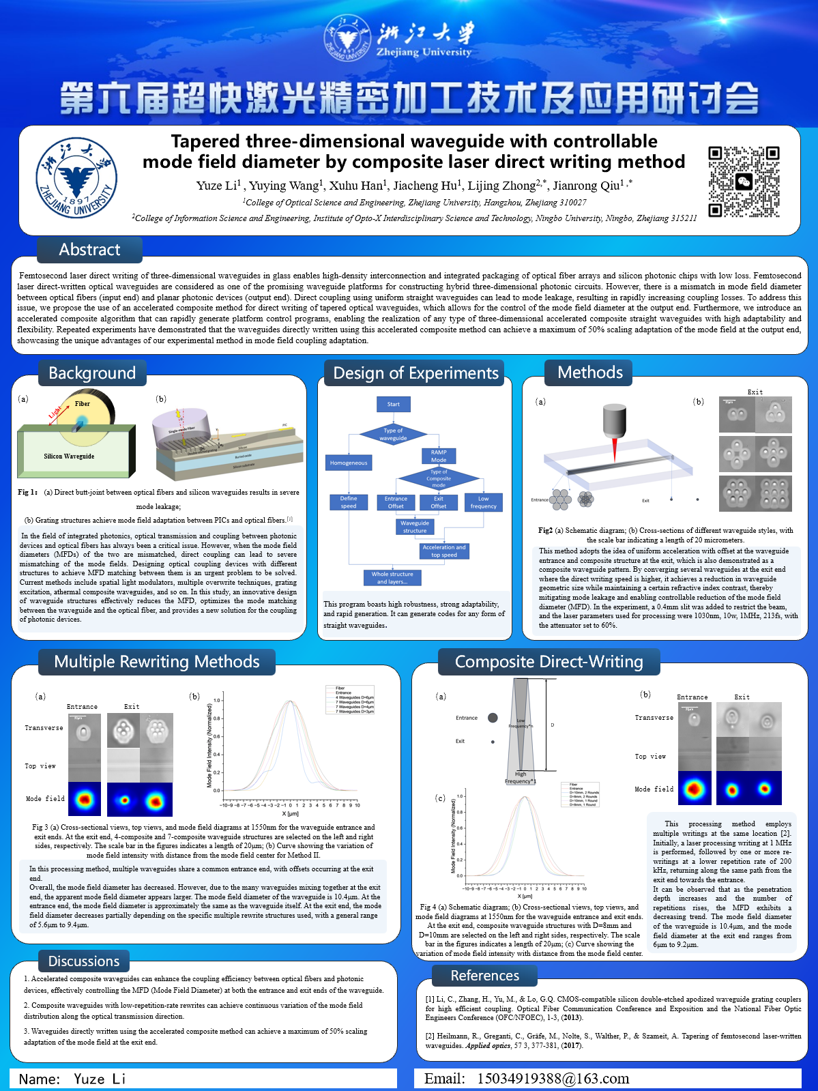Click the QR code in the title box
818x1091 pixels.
click(744, 181)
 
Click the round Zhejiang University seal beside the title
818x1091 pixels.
click(76, 178)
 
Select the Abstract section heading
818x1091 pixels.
click(89, 250)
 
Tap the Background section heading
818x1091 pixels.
click(92, 373)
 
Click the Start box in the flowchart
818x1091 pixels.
click(394, 404)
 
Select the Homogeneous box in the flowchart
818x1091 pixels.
click(349, 463)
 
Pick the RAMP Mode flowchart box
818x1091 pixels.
click(439, 456)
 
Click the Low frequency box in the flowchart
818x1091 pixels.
click(483, 502)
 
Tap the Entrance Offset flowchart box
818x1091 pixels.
click(396, 502)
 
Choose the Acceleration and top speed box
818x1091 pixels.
click(444, 551)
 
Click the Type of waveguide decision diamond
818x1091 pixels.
click(393, 434)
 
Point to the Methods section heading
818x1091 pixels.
click(590, 373)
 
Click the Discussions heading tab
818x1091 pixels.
click(84, 961)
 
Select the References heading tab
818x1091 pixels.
click(485, 976)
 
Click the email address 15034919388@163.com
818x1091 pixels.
click(553, 1079)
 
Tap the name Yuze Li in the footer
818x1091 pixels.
click(100, 1079)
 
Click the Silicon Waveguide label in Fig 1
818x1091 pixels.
click(69, 456)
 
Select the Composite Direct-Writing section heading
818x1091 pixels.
click(549, 662)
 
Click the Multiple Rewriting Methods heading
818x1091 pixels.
click(157, 662)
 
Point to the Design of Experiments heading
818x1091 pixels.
click(415, 373)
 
